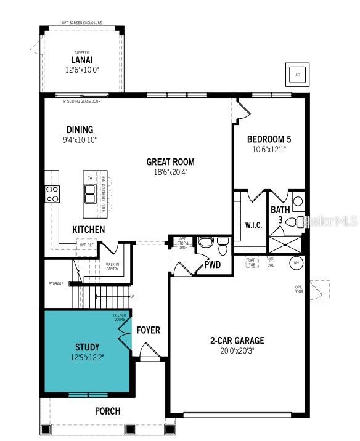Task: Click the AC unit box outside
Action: (x=297, y=75)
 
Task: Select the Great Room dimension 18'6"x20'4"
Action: (x=170, y=172)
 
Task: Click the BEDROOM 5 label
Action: (x=269, y=139)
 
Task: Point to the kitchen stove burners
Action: (x=52, y=193)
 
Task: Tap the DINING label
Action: (x=80, y=129)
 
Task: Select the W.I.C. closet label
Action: (x=253, y=225)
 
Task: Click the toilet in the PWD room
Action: (x=207, y=242)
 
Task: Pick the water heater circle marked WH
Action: (x=295, y=262)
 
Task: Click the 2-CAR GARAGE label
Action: (x=237, y=340)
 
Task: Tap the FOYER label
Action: (x=148, y=330)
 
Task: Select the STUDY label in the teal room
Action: (x=87, y=347)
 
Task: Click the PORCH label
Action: (x=107, y=411)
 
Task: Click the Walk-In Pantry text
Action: (x=112, y=267)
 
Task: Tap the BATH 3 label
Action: (x=276, y=214)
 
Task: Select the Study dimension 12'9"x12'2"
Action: (x=87, y=357)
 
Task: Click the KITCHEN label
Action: (x=89, y=229)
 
